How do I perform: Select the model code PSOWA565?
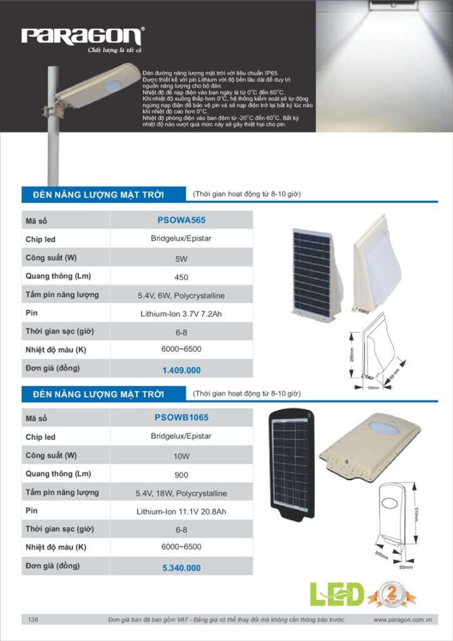click(181, 220)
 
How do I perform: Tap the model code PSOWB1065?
click(181, 418)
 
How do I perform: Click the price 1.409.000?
click(181, 370)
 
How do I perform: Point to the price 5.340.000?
click(181, 568)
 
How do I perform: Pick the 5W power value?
click(181, 258)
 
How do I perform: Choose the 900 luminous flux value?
click(181, 474)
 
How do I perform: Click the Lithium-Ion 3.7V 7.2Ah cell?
click(181, 314)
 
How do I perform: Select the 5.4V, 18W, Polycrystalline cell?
click(181, 493)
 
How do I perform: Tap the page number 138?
click(33, 620)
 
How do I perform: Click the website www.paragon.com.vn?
click(403, 620)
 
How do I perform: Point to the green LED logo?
click(337, 594)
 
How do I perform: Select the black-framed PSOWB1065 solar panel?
click(291, 463)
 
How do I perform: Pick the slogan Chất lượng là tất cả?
click(115, 50)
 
